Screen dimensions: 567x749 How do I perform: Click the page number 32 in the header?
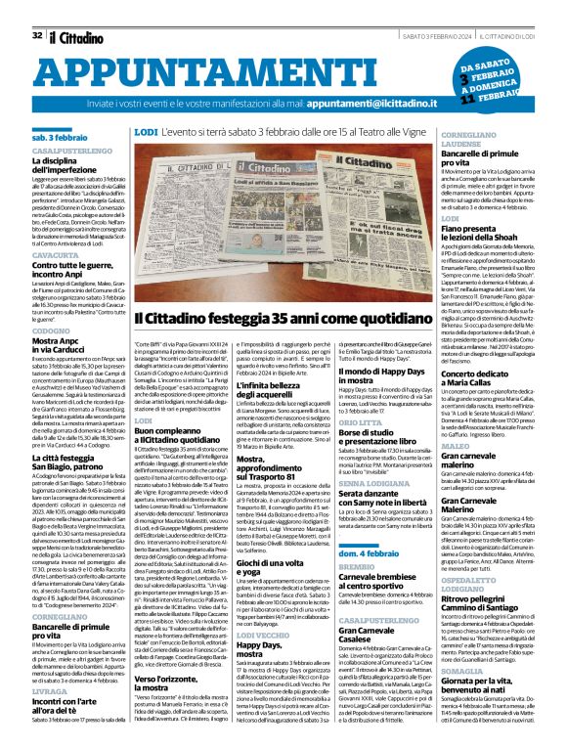coord(36,9)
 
